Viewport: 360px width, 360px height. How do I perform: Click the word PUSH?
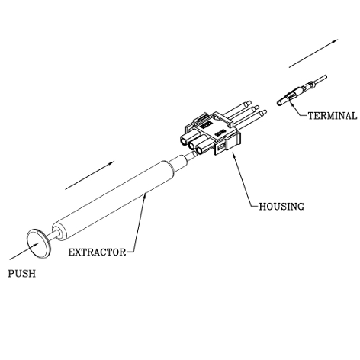coord(22,274)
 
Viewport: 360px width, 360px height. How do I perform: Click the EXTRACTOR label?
coord(98,252)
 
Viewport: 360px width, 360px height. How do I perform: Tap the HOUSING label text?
coord(281,207)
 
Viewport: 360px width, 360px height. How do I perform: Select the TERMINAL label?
coord(333,116)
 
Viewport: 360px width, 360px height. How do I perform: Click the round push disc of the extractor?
coord(38,244)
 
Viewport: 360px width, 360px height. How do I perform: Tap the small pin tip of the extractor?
coord(191,156)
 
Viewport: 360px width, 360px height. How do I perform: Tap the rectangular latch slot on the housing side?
coord(221,147)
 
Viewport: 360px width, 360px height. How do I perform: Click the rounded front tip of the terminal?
coord(279,102)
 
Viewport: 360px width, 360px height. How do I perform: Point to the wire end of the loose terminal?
coord(321,79)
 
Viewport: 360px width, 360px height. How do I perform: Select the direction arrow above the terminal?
coord(313,53)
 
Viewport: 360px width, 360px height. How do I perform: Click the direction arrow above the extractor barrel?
coord(90,175)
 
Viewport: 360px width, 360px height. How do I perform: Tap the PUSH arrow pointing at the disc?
coord(24,251)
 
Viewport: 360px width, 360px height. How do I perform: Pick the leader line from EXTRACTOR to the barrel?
coord(139,223)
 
